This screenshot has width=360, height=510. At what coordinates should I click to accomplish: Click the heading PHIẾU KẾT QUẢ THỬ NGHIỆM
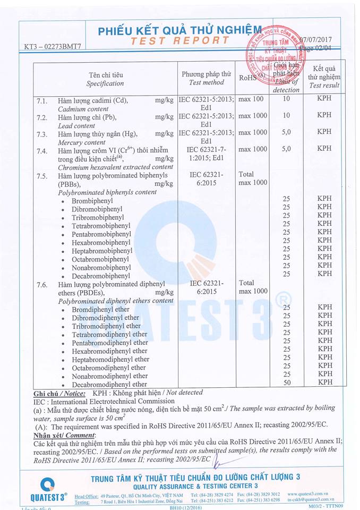179,31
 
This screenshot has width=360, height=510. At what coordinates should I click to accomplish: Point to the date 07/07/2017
316,40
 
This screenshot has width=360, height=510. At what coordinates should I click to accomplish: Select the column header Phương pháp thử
207,74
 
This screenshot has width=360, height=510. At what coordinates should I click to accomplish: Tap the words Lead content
76,126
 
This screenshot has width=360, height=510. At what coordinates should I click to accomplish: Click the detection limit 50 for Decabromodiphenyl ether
287,382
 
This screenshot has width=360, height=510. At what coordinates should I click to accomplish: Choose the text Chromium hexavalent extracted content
115,167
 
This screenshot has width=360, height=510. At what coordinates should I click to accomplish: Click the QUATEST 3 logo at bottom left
47,490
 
